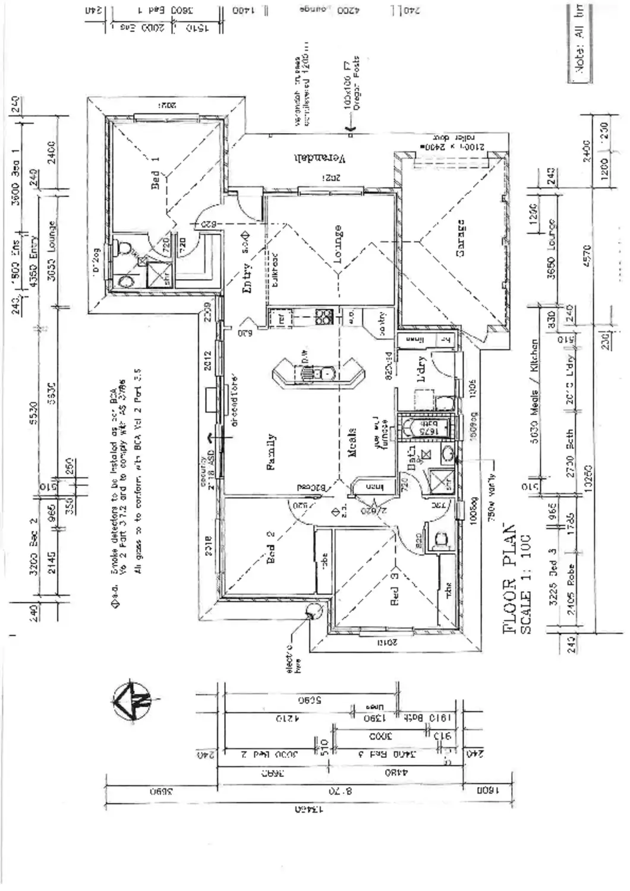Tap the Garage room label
pos(460,238)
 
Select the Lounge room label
pos(338,244)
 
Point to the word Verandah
pos(319,158)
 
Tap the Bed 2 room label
pos(270,546)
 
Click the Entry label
pos(248,278)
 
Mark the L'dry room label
pos(421,369)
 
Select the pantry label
pos(382,324)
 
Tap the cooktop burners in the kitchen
pos(324,316)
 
